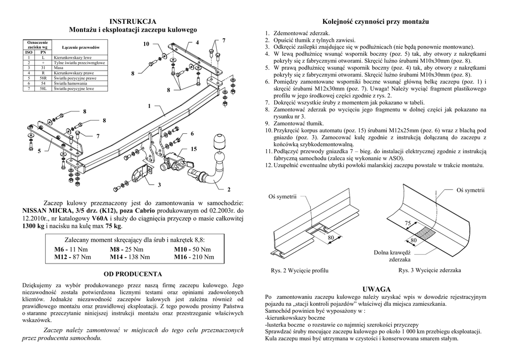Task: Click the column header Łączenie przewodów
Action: pos(79,46)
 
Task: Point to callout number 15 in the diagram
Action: pos(193,149)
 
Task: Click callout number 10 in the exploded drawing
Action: pos(146,45)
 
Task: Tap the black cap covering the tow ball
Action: pos(219,142)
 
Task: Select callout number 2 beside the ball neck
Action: pos(229,189)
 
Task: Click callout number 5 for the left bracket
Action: pos(37,151)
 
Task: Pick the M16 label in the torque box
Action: pos(182,257)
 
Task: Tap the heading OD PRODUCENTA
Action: pos(132,274)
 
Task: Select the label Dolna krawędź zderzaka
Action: pos(394,256)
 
